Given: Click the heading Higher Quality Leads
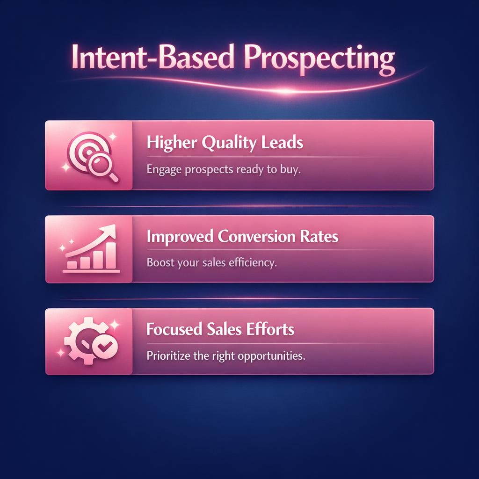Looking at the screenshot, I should pos(225,143).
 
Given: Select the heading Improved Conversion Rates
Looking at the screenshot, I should pos(242,237).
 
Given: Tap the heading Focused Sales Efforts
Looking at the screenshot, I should pos(220,329).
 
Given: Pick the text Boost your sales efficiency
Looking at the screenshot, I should pos(212,262).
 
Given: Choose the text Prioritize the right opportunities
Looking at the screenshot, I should pos(225,356).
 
